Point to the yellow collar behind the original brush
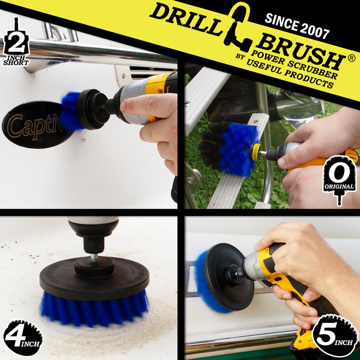256,151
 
